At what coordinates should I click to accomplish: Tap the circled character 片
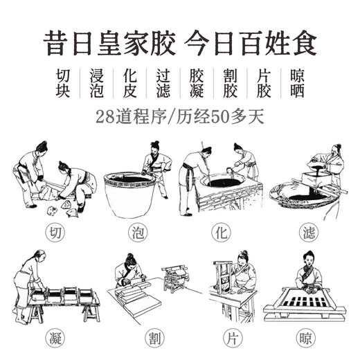pos(220,340)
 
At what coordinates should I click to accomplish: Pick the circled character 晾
pos(305,340)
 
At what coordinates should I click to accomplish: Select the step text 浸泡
pos(96,83)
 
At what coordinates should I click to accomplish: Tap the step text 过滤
pos(162,83)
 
